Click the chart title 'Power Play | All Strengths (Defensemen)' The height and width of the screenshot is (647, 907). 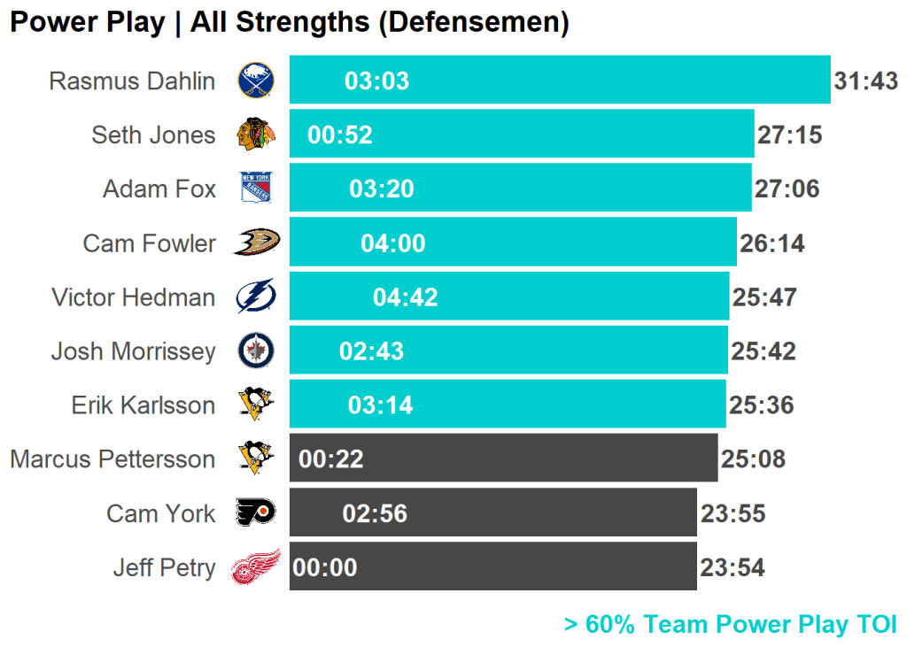(x=289, y=22)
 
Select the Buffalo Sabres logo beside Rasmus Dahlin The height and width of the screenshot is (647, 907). (x=256, y=81)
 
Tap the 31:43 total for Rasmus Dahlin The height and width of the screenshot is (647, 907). (x=865, y=81)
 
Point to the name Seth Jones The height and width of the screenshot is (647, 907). (x=153, y=135)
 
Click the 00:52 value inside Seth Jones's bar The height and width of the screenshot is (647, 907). (x=340, y=135)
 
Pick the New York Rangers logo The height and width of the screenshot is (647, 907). (x=256, y=189)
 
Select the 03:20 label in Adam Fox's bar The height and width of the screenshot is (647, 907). (x=382, y=189)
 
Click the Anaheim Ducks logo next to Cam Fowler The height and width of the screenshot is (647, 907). (x=256, y=242)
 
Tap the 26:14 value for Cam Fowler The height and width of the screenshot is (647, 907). (x=772, y=243)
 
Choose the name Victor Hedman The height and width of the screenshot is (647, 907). (x=133, y=297)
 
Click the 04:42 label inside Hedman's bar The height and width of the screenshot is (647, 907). (x=406, y=297)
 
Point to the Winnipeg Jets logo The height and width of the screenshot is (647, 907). (x=256, y=351)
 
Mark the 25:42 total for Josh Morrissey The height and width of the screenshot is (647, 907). (x=763, y=351)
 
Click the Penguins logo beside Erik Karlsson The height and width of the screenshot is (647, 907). (x=256, y=404)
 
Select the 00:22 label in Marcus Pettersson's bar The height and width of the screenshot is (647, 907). (x=331, y=459)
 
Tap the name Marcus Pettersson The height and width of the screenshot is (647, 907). (x=112, y=459)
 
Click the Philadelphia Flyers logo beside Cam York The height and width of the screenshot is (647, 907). (x=256, y=512)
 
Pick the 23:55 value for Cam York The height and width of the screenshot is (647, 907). (x=733, y=513)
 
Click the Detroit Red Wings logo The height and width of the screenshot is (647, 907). (x=256, y=566)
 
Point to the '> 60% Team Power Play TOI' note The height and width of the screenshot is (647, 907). (x=730, y=624)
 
